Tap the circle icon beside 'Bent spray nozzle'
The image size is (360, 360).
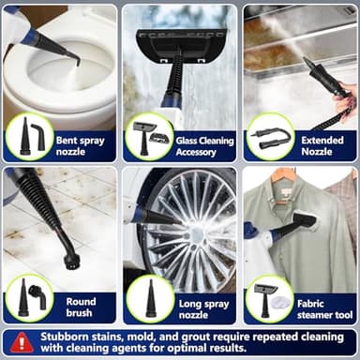29,137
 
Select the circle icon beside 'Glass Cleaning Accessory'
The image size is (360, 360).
148,137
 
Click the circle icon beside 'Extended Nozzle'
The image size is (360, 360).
269,137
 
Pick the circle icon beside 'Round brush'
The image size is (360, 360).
29,298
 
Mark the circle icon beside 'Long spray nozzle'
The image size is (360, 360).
148,298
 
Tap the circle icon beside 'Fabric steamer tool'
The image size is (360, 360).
269,298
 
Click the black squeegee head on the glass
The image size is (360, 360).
177,40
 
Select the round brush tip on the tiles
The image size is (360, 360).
66,250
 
